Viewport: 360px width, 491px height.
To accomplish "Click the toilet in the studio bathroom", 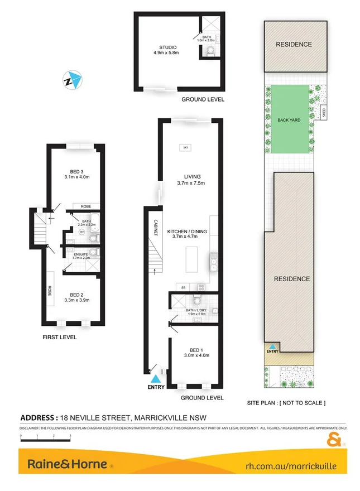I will tap(210, 52).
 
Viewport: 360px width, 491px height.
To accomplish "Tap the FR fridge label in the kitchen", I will tap(183, 287).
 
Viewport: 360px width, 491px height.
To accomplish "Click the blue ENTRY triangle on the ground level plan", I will tap(156, 379).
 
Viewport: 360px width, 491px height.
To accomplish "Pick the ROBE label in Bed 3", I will tap(86, 205).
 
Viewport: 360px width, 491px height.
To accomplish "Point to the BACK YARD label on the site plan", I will tap(289, 119).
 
